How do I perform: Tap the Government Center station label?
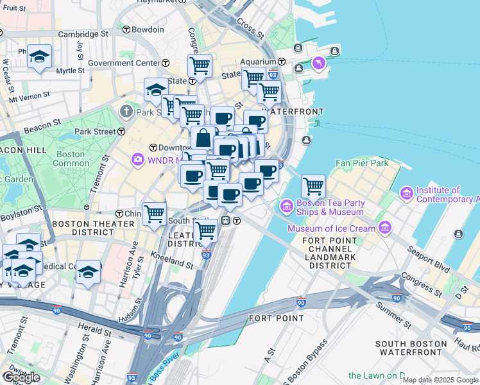point(124,63)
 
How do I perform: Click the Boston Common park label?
point(71,158)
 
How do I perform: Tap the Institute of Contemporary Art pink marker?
point(406,193)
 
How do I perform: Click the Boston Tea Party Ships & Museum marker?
point(286,205)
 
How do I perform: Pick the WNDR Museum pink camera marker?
point(137,159)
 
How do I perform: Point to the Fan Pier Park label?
point(363,164)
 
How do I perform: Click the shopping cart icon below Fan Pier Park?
point(313,186)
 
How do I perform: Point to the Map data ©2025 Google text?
point(440,380)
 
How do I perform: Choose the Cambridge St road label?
point(83,33)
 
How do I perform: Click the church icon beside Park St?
point(126,112)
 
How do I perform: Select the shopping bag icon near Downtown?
point(203,137)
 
